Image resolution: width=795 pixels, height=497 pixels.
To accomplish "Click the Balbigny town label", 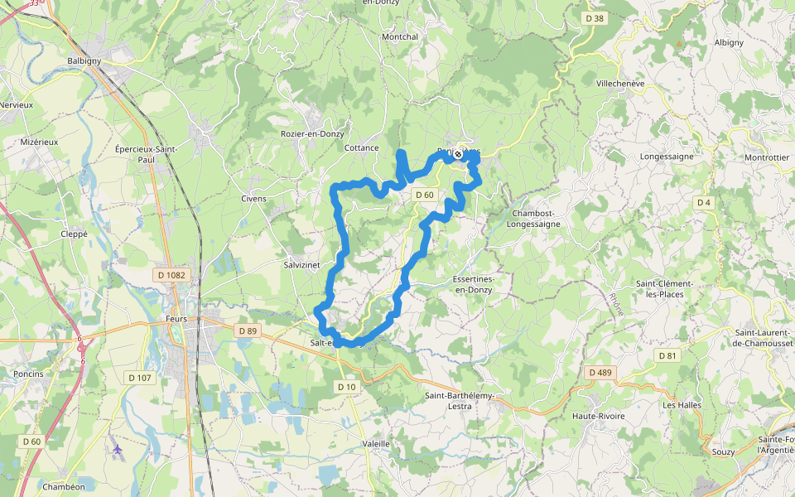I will [x=84, y=60].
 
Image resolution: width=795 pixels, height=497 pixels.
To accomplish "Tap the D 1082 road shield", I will [x=171, y=274].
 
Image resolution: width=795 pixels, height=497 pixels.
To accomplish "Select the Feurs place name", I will [x=176, y=319].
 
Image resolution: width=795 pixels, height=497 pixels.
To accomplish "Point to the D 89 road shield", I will [x=248, y=331].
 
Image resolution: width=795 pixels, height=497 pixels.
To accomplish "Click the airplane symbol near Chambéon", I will [x=117, y=449].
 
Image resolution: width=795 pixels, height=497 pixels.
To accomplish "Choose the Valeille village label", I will [x=376, y=444].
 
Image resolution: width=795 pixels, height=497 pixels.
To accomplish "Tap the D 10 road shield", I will [x=346, y=387].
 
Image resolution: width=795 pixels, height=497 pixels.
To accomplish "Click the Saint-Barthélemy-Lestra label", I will [x=460, y=401].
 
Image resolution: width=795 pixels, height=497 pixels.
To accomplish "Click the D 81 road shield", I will [x=667, y=355].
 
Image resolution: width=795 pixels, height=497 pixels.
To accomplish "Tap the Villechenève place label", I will [x=620, y=84].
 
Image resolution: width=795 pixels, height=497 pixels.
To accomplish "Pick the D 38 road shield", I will [x=595, y=18].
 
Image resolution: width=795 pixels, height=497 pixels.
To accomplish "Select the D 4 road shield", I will [x=704, y=202].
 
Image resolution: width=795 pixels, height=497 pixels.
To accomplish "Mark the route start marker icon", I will [x=458, y=153].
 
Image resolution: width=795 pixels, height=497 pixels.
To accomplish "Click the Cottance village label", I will [x=361, y=148].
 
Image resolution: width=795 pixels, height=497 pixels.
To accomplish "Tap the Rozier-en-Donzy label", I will [x=312, y=133].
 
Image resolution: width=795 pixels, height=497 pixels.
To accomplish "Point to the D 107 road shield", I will [x=138, y=377].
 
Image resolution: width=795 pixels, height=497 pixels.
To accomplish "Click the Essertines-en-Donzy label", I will [x=473, y=284].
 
